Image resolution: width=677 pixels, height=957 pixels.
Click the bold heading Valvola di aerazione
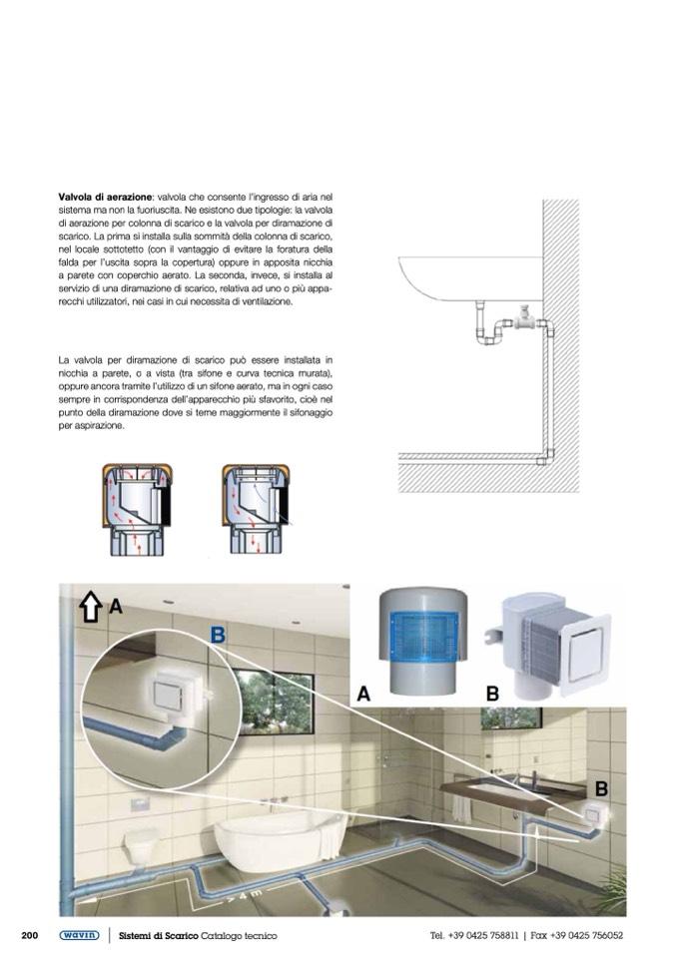105,198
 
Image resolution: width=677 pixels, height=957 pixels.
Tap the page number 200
30,935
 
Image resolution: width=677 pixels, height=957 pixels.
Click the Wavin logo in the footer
79,935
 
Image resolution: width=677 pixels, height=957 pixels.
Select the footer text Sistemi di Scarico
158,936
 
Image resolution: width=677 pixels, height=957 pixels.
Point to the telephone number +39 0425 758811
483,935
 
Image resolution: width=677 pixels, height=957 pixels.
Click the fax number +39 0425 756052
587,935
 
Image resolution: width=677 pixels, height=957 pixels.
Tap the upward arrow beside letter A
90,608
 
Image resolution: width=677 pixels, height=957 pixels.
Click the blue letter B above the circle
218,636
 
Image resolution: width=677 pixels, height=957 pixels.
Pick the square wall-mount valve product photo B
546,647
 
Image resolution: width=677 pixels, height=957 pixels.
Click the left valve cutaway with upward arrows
137,510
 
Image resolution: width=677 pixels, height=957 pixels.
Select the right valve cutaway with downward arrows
257,510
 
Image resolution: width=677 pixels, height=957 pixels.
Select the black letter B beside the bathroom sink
601,789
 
